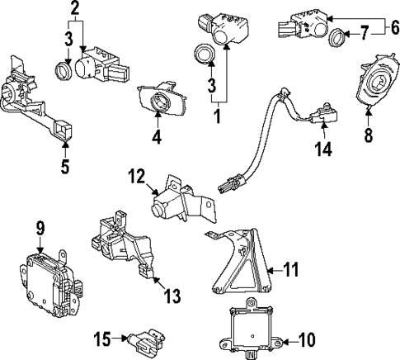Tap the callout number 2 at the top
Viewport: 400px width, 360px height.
tap(76, 10)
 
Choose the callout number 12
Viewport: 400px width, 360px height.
tap(135, 177)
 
